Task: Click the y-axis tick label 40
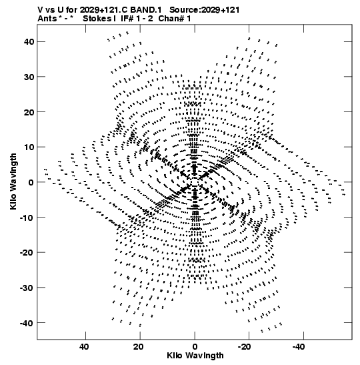(x=29, y=41)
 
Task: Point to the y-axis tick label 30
(x=29, y=77)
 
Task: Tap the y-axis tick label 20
(x=29, y=112)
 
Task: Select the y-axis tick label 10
(x=29, y=147)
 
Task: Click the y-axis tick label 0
(x=31, y=182)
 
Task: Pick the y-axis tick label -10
(x=27, y=218)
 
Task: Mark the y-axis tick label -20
(x=27, y=253)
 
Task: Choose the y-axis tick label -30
(x=27, y=288)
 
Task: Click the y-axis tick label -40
(x=27, y=323)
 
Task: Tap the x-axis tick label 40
(x=84, y=347)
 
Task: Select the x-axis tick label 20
(x=139, y=347)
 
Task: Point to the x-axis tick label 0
(x=195, y=347)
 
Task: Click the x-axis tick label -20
(x=245, y=347)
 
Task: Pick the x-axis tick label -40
(x=299, y=347)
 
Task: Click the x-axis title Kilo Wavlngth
(x=195, y=356)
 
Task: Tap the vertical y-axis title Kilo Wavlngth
(x=13, y=181)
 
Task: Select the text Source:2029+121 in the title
(x=205, y=10)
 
